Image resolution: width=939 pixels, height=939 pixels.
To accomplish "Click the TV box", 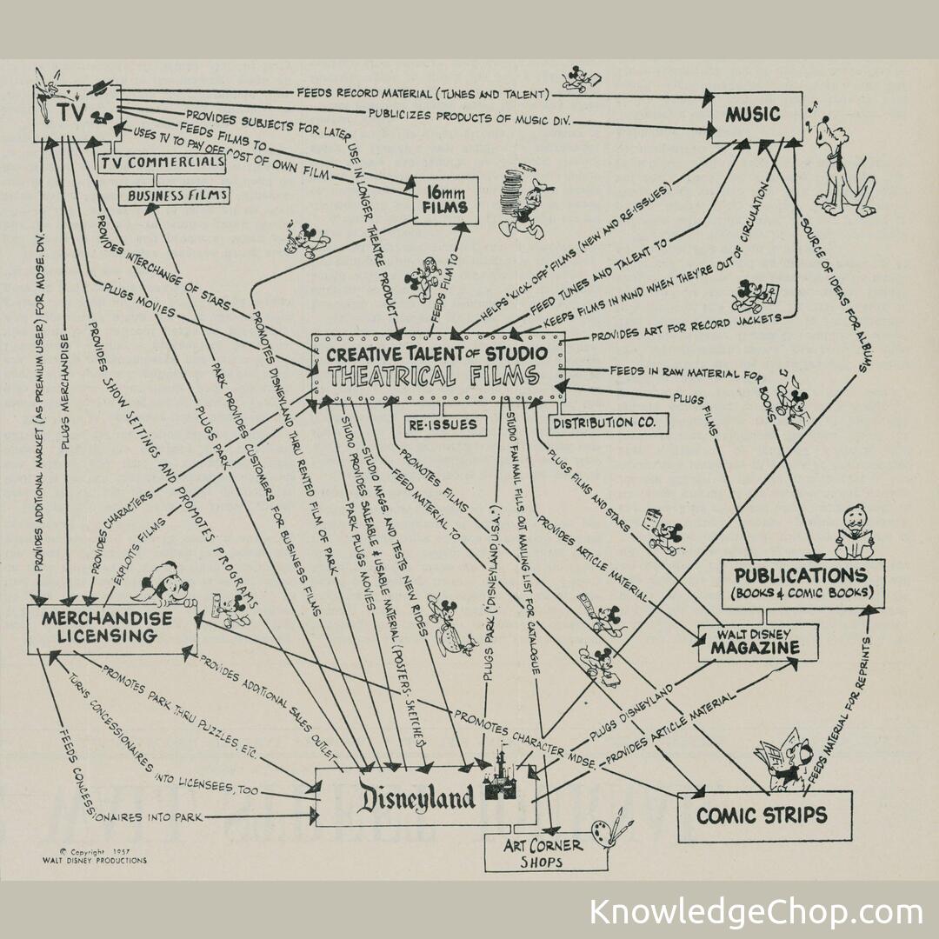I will click(x=77, y=113).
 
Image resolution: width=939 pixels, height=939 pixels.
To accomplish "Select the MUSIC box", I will click(x=754, y=115).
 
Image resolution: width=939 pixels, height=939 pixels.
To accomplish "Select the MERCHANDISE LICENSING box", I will click(x=106, y=627).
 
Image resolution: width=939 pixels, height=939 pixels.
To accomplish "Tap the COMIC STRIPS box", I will click(x=763, y=816).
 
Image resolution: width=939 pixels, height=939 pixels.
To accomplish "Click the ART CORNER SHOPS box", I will click(x=544, y=853).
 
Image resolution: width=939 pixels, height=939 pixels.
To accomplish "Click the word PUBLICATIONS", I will click(x=800, y=576).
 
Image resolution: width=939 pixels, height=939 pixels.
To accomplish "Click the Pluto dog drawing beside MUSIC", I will click(x=842, y=165).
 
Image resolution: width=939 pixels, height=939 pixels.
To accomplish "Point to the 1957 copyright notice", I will click(x=94, y=856).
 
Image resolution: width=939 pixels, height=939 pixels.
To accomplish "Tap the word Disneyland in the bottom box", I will click(x=417, y=796).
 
